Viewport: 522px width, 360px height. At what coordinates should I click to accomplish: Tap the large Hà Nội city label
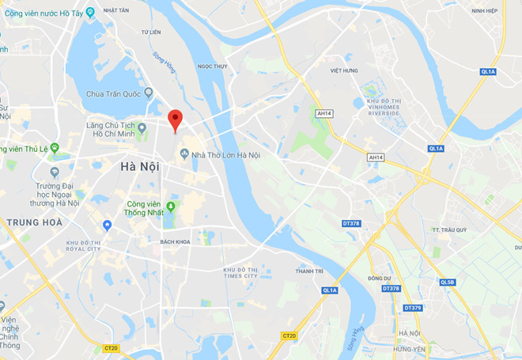click(x=139, y=166)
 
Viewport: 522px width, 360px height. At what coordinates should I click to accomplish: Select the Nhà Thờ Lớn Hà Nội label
click(x=225, y=154)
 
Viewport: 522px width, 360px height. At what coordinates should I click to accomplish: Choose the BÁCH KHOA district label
click(x=176, y=241)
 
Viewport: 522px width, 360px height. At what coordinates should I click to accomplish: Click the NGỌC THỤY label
click(x=213, y=66)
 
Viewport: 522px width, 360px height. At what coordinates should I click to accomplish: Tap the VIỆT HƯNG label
click(x=345, y=70)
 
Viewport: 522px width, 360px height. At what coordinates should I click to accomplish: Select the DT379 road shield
click(x=413, y=308)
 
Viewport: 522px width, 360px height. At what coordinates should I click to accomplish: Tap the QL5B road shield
click(x=448, y=282)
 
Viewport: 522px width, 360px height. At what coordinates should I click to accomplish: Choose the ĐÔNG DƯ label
click(x=380, y=278)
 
